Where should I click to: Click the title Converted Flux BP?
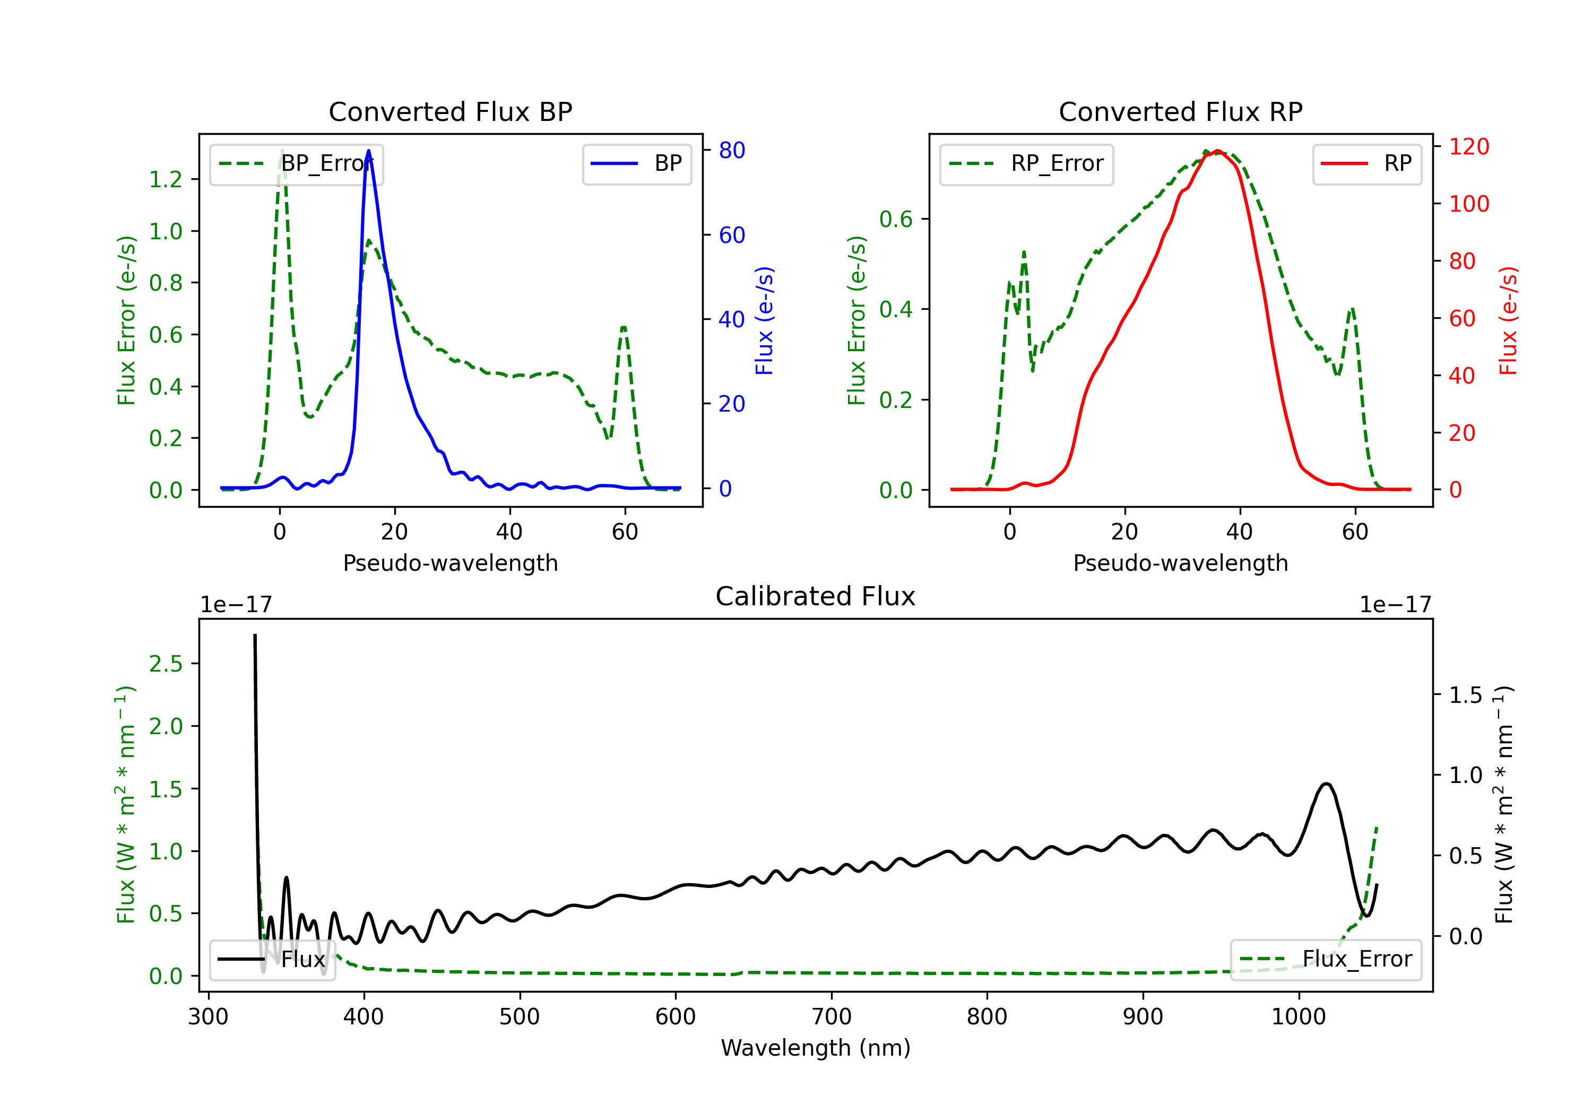tap(451, 111)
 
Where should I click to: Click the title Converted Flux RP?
tap(1181, 111)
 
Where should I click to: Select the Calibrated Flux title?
tap(816, 596)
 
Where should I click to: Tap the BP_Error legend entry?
tap(296, 163)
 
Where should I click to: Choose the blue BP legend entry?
tap(636, 163)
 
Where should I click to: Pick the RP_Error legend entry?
tap(1026, 163)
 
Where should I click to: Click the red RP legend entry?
tap(1366, 163)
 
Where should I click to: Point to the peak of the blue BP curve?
tap(368, 151)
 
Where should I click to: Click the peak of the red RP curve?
tap(1217, 151)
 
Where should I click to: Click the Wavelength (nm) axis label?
tap(816, 1048)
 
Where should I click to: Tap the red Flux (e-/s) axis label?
tap(1508, 321)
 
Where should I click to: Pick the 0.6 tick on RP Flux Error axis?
tap(896, 219)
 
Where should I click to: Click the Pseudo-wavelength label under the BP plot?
tap(451, 563)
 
